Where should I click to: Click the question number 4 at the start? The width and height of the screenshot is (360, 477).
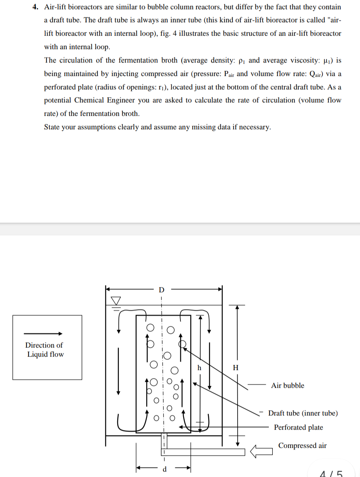(x=34, y=7)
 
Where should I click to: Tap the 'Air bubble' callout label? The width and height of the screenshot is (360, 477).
(x=287, y=385)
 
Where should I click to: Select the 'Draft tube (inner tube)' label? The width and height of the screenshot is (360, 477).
(x=303, y=413)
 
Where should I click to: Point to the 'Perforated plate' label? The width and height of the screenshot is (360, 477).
(x=298, y=427)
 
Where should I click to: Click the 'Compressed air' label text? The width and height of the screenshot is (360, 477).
(x=302, y=445)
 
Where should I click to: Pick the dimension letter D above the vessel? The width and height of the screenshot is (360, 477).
(x=161, y=290)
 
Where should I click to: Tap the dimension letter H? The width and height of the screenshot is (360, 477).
(x=236, y=368)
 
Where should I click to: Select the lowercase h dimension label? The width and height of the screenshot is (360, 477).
(x=199, y=367)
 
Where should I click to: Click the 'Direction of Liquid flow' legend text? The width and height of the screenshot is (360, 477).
(x=45, y=350)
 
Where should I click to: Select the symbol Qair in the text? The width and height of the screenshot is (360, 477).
(x=305, y=74)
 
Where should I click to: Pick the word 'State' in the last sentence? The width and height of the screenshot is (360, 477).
(x=52, y=127)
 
